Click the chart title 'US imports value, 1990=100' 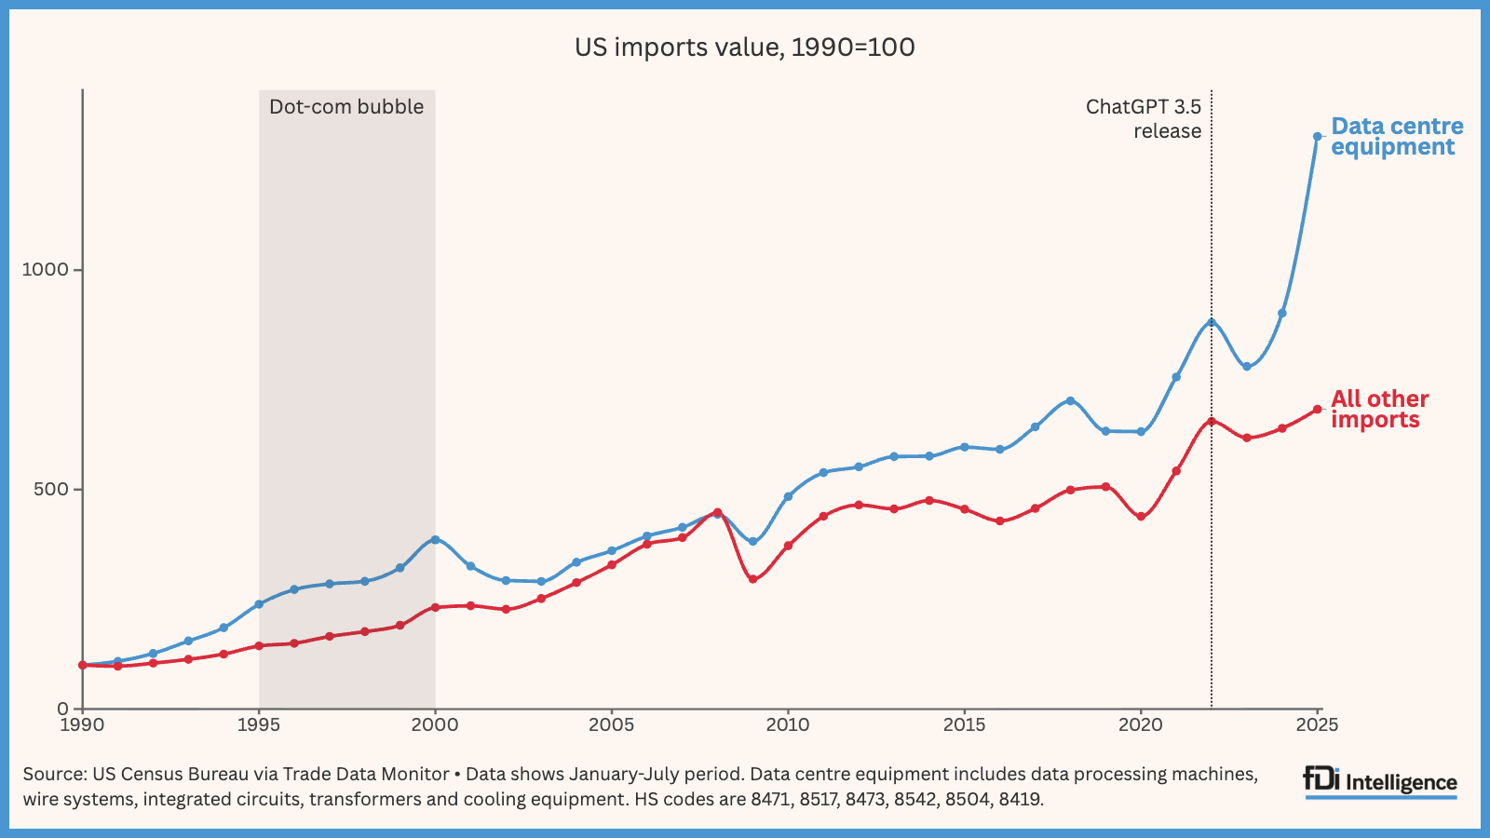pos(744,47)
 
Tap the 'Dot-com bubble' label pos(346,107)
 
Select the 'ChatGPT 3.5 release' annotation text pos(1144,119)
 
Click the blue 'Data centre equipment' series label pos(1396,137)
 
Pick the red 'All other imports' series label pos(1379,410)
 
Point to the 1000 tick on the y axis pos(45,270)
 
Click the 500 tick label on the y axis pos(51,490)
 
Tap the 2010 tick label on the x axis pos(788,725)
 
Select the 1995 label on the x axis pos(259,725)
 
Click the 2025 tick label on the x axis pos(1317,725)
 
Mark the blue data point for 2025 pos(1317,137)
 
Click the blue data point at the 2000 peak pos(435,540)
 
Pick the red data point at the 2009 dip pos(752,579)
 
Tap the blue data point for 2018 pos(1070,400)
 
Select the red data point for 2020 pos(1141,516)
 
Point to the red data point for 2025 pos(1317,410)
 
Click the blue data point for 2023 pos(1247,366)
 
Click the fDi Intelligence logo pos(1380,782)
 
